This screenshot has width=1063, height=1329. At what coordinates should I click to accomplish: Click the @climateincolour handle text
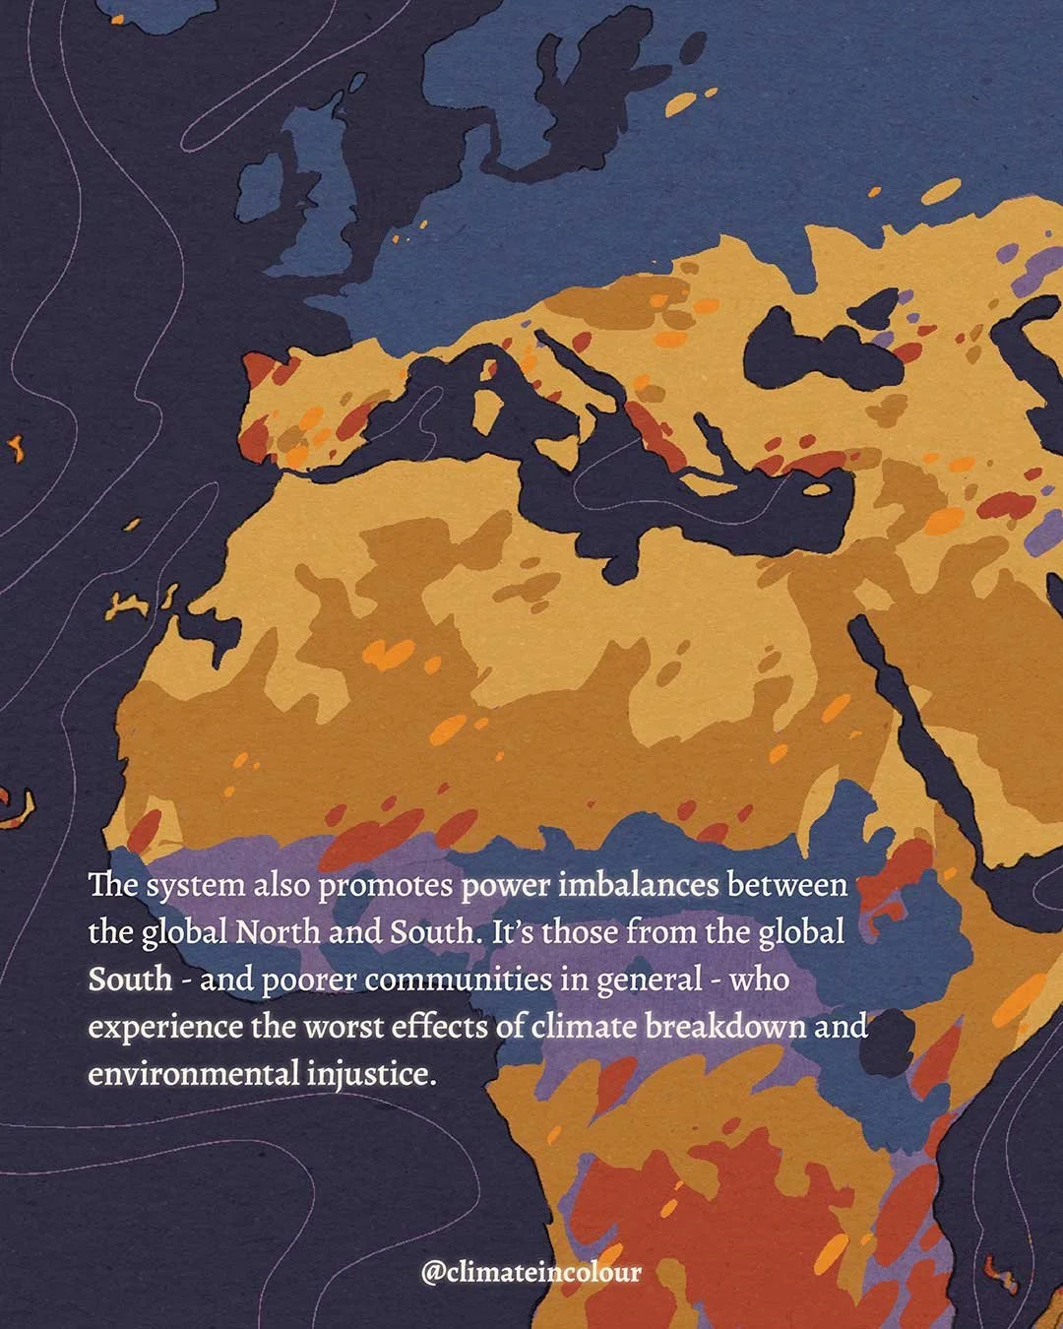[x=531, y=1272]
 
